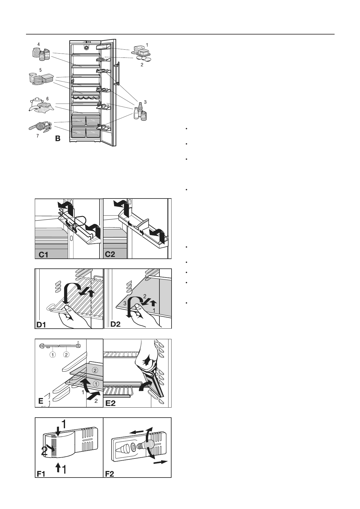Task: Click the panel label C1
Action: pos(44,255)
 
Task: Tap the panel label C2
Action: pos(110,254)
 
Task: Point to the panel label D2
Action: pos(116,324)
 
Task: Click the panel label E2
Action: pos(111,403)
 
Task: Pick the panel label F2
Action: pos(110,474)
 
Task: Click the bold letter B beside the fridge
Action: pos(58,139)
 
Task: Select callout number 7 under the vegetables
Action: pos(38,136)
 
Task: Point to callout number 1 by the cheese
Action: pos(147,45)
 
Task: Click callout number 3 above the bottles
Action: pos(146,102)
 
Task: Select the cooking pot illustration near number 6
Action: pos(38,101)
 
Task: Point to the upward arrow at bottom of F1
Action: pos(57,468)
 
